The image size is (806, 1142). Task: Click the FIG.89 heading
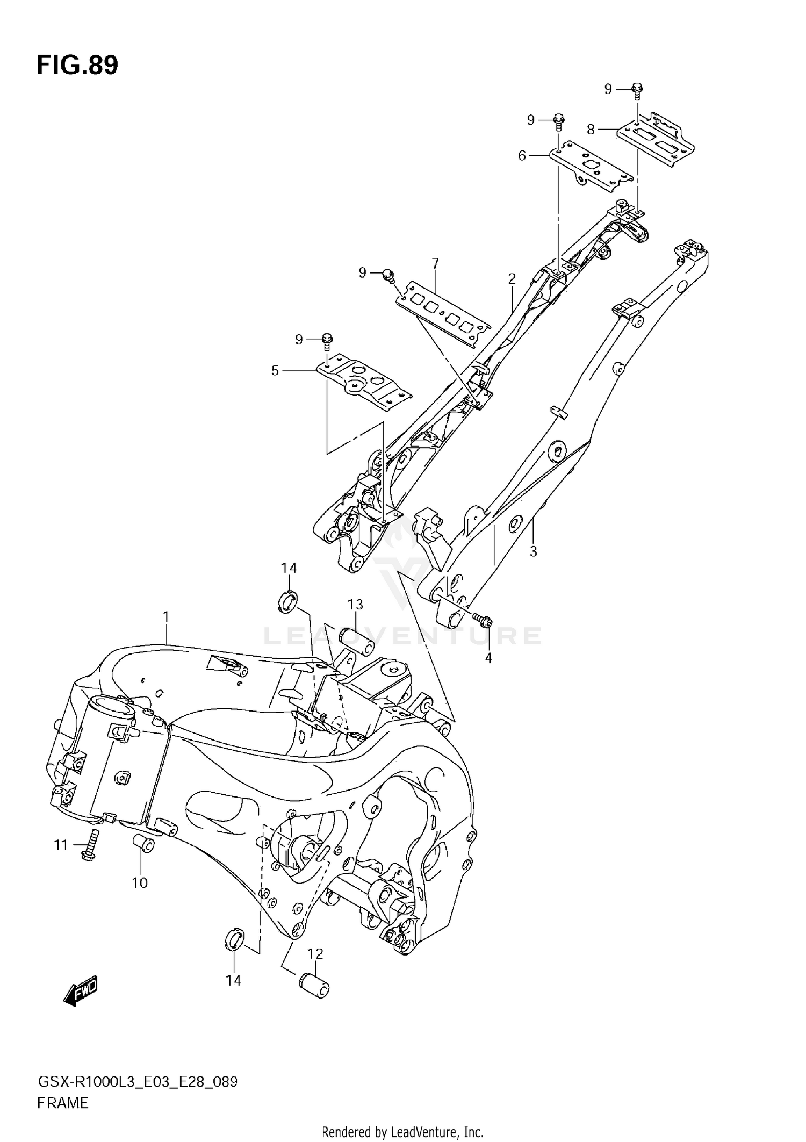[77, 65]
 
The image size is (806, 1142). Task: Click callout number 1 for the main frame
[166, 616]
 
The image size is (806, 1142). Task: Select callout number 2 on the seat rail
[512, 278]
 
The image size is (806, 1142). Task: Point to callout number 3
[533, 552]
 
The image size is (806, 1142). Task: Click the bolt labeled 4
[484, 621]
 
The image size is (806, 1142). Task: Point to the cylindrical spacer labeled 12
[313, 987]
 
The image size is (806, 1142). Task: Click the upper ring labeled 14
[289, 601]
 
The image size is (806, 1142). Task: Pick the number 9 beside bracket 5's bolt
[299, 339]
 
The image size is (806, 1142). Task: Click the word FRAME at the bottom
[62, 1103]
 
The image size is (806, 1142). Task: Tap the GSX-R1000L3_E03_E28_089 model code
[137, 1081]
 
